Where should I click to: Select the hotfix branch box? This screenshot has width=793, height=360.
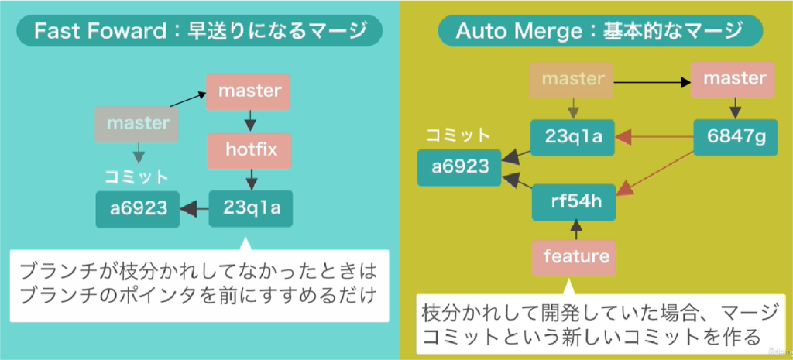pyautogui.click(x=249, y=150)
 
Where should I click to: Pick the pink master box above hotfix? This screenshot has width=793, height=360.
pyautogui.click(x=249, y=91)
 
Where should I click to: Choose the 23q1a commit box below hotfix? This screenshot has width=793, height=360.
pyautogui.click(x=250, y=208)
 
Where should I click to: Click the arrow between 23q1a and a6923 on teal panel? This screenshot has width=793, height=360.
pyautogui.click(x=194, y=208)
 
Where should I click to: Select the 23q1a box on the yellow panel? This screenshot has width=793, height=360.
pyautogui.click(x=572, y=138)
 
